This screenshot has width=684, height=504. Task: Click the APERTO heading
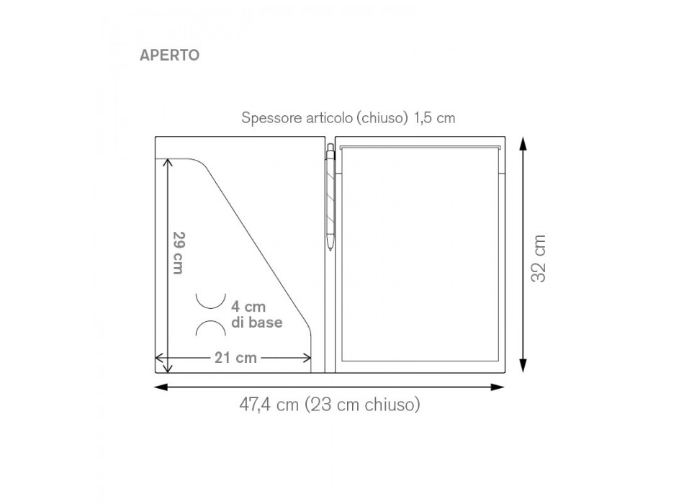point(170,55)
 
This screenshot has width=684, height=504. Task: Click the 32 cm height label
point(539,257)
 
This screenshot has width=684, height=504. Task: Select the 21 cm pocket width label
point(235,358)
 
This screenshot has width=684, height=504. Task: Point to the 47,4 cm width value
point(269,405)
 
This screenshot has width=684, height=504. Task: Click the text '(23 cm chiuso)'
point(362,405)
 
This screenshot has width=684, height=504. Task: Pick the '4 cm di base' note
point(256,315)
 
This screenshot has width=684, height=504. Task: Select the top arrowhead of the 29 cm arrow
point(168,163)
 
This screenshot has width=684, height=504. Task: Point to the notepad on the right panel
point(420,252)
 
